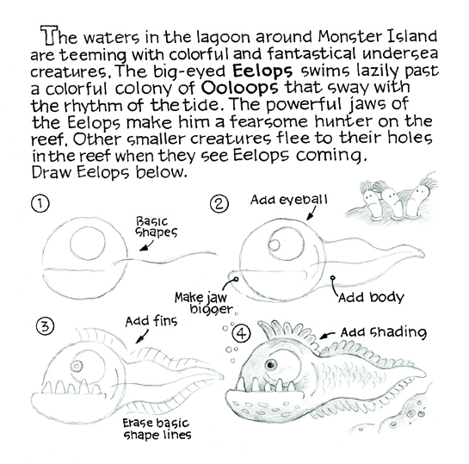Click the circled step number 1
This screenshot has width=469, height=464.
(x=40, y=204)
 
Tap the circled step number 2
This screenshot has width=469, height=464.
(x=219, y=204)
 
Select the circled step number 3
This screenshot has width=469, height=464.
(x=45, y=326)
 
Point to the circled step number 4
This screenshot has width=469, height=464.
(x=241, y=333)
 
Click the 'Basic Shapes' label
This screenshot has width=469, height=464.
(x=157, y=227)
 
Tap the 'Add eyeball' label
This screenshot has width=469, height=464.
(x=289, y=200)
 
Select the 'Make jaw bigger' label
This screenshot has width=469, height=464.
(x=203, y=303)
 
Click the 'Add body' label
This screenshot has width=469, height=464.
(x=371, y=297)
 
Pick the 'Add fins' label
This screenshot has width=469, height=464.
(x=151, y=321)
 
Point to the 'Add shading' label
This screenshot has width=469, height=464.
(x=384, y=332)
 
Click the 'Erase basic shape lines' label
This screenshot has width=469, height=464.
(x=157, y=429)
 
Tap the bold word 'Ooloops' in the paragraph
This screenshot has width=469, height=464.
(x=240, y=87)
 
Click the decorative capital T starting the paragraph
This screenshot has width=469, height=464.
(x=49, y=35)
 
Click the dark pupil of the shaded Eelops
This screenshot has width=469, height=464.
(x=271, y=364)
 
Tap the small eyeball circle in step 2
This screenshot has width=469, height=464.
(x=274, y=244)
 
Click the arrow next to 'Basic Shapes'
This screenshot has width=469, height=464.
(x=146, y=246)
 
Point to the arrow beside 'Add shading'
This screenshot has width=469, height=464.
(x=327, y=335)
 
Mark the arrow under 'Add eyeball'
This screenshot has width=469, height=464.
(x=311, y=213)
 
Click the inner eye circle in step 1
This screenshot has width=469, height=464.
(x=88, y=244)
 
